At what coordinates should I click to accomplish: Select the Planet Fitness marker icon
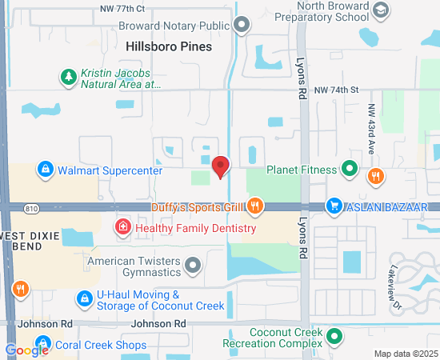click(349, 169)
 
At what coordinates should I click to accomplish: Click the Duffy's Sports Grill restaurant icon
click(254, 207)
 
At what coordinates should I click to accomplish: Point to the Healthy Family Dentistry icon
click(122, 228)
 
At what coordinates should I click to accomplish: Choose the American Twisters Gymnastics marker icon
click(193, 264)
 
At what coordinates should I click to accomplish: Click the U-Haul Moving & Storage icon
click(83, 298)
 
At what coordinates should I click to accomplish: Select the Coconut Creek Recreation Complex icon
click(335, 336)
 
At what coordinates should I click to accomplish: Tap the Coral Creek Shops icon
click(44, 345)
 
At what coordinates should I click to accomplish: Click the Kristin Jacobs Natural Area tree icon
click(68, 77)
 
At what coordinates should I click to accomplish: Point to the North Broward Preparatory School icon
click(382, 10)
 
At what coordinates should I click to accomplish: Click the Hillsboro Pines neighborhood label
click(169, 47)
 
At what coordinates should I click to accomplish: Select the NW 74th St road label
click(334, 90)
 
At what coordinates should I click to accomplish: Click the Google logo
click(26, 350)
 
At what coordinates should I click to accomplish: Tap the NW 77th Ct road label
click(122, 8)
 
